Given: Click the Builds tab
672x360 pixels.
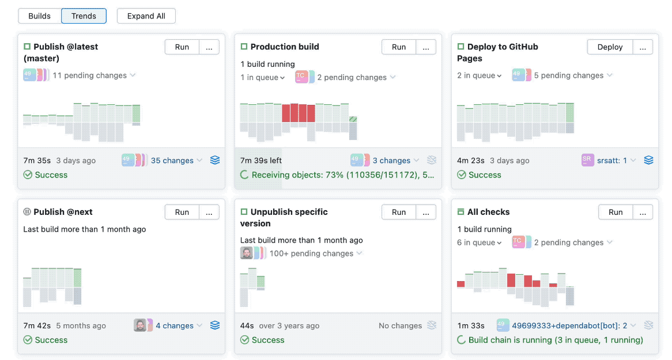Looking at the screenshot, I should (x=39, y=16).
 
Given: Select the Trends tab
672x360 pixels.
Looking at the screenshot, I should (x=84, y=16).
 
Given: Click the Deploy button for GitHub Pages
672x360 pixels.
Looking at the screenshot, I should (x=610, y=47).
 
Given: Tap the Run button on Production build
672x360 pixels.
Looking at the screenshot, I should (x=399, y=47).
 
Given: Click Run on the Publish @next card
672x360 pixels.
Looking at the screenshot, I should (x=182, y=212).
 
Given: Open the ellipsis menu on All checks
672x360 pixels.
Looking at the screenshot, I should (x=643, y=212).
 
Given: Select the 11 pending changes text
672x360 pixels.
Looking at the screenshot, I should (x=89, y=75).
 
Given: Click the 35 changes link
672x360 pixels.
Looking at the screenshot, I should (x=172, y=161).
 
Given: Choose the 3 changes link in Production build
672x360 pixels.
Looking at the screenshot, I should (x=391, y=161).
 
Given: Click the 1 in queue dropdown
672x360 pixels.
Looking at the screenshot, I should (x=263, y=78).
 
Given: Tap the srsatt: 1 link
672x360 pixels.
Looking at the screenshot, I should (x=612, y=161).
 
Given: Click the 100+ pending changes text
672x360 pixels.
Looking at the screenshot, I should (x=311, y=253).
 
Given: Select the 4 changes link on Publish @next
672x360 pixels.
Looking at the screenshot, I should (x=175, y=326).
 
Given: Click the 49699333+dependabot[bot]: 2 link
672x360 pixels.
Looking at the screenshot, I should (x=569, y=326).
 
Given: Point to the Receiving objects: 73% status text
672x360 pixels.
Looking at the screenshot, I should (x=343, y=175).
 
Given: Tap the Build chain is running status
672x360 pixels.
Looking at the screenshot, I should (x=556, y=340).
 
